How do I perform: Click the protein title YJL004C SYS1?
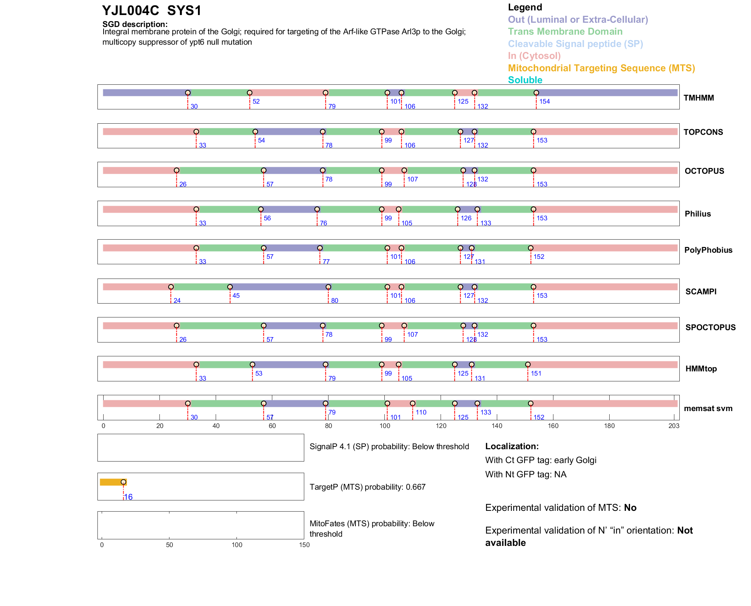[x=152, y=11]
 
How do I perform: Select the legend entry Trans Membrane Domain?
[x=565, y=32]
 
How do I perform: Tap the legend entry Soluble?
[x=525, y=80]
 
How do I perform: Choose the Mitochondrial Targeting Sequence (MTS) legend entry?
[x=601, y=68]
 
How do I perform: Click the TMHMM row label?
[x=699, y=98]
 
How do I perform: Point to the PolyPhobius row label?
[x=708, y=250]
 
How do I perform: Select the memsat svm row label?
[x=708, y=408]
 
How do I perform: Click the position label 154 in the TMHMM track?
[x=544, y=102]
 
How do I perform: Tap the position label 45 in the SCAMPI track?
[x=236, y=296]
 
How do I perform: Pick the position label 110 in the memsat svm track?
[x=421, y=413]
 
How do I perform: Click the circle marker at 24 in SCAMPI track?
[x=171, y=287]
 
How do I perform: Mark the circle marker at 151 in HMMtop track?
[x=528, y=364]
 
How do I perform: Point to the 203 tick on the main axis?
[x=674, y=426]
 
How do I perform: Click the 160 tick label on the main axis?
[x=553, y=426]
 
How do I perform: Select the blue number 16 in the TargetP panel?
[x=128, y=497]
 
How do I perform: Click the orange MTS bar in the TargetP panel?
[x=111, y=482]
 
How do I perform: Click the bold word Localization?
[x=512, y=447]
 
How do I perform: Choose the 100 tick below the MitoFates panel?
[x=237, y=545]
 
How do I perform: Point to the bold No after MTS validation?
[x=630, y=508]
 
